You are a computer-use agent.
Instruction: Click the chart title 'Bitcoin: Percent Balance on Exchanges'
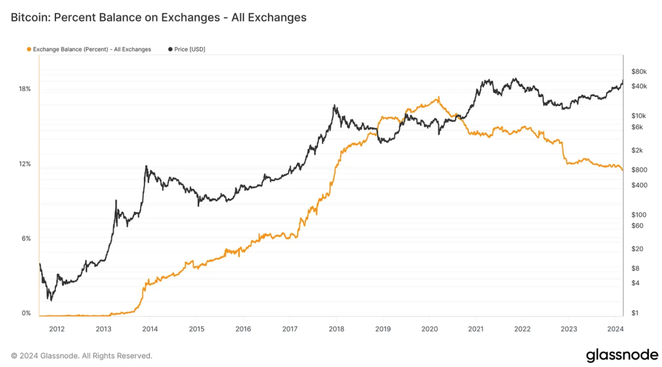159,18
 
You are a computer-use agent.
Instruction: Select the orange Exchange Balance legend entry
90,49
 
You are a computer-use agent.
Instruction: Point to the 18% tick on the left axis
25,89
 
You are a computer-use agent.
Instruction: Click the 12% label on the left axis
25,164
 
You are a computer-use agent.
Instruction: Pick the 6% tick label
26,238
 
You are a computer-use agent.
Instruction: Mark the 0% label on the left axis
26,313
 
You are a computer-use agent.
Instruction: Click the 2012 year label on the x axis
57,328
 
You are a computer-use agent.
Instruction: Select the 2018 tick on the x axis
336,328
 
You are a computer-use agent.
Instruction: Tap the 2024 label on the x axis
616,328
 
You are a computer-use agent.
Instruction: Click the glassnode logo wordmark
622,355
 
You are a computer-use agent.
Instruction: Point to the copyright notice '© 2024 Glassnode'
82,355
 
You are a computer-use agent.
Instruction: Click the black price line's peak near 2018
334,106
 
